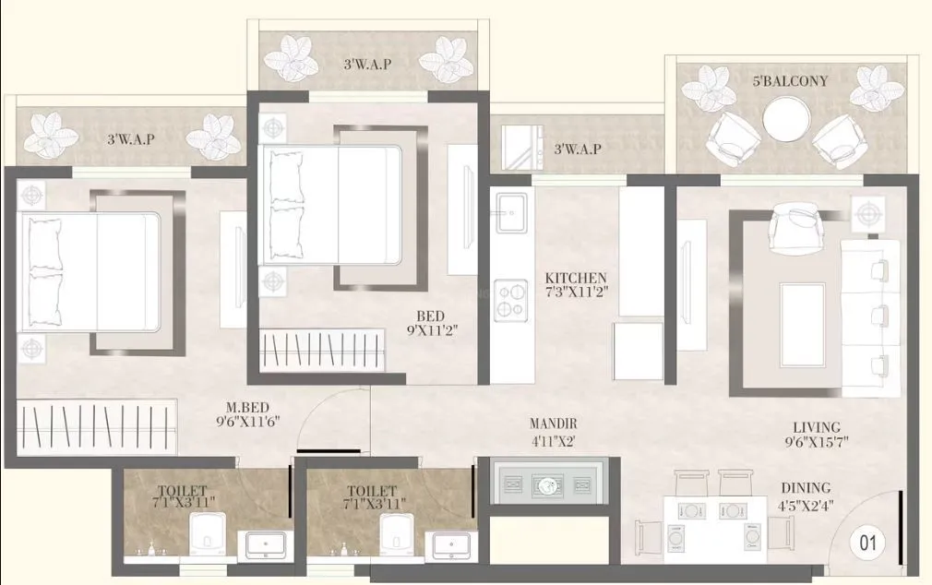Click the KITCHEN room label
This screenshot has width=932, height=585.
[576, 278]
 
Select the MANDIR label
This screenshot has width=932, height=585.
[553, 424]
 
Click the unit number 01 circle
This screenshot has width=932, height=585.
[867, 543]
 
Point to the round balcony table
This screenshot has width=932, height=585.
[787, 119]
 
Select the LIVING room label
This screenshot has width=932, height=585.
[817, 427]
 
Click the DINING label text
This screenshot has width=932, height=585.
[806, 487]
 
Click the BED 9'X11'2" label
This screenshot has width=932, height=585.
[430, 316]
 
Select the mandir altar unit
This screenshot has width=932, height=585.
[548, 481]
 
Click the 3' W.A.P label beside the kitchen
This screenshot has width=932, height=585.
[578, 149]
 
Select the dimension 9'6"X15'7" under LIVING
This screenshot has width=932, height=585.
[816, 442]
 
